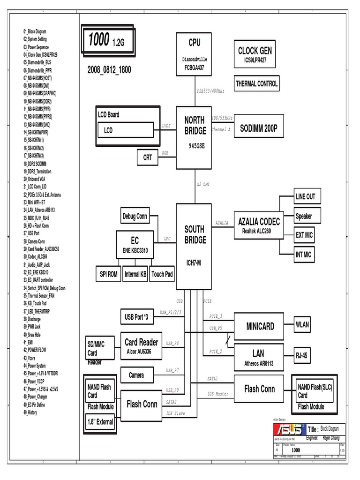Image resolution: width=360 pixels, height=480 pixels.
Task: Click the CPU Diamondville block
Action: (x=195, y=54)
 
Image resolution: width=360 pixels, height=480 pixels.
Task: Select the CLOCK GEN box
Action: (x=255, y=54)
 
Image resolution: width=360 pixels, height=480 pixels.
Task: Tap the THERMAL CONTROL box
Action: (x=256, y=84)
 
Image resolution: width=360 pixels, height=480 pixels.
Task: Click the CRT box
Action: (x=148, y=157)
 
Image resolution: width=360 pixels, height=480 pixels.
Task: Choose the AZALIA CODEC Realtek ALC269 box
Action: (x=259, y=225)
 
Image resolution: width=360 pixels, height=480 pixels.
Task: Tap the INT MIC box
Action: (x=304, y=255)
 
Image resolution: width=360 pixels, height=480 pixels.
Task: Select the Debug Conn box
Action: (x=135, y=216)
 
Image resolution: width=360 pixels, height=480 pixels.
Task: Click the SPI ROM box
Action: (x=109, y=274)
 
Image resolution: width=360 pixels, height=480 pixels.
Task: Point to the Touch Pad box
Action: (x=162, y=274)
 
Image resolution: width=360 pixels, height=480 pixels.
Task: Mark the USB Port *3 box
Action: (x=136, y=317)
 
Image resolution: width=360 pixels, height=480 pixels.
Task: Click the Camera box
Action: (x=136, y=375)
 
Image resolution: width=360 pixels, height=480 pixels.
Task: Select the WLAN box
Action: (x=302, y=325)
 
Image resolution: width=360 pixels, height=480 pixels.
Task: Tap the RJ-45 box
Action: (x=302, y=356)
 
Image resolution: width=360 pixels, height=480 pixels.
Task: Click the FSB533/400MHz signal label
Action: (x=210, y=90)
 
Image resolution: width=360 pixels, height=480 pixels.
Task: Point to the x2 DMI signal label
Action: (x=203, y=185)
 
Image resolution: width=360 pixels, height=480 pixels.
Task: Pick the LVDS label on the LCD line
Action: (x=166, y=126)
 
